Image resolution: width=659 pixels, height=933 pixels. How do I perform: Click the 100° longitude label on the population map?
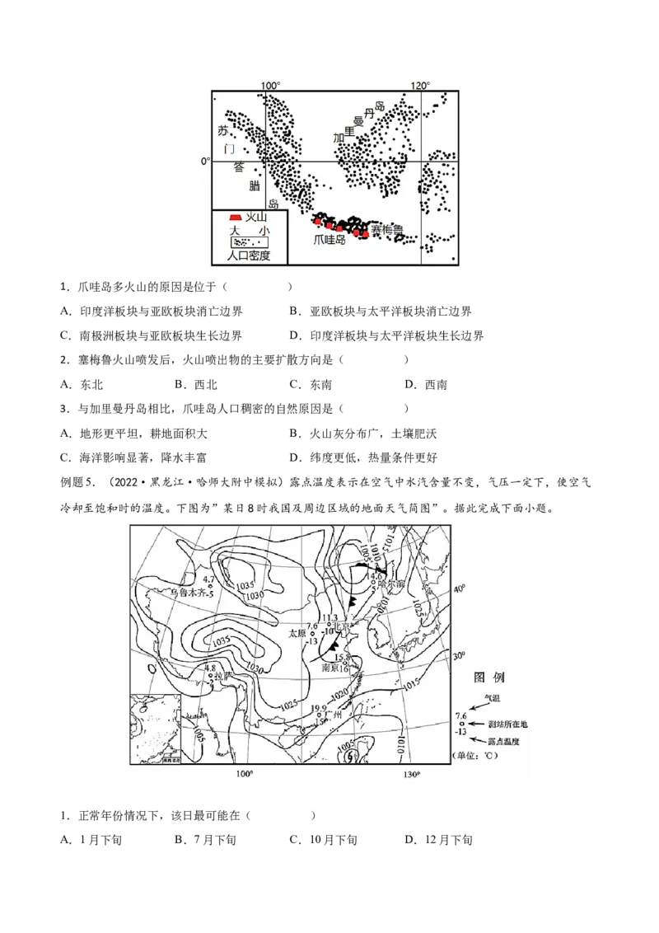(270, 87)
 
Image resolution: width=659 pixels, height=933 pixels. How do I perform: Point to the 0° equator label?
(205, 162)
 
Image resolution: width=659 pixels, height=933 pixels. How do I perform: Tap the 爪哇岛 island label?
(330, 240)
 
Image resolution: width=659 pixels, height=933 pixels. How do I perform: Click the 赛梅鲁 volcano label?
(386, 230)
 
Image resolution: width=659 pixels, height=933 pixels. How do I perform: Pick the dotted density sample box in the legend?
(250, 242)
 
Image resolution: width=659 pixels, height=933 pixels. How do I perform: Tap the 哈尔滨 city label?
(390, 584)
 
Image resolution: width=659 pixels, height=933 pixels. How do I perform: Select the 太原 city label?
(297, 633)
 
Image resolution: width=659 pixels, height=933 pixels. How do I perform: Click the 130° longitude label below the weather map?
(410, 775)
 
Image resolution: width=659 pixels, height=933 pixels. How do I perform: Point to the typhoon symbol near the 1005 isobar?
(350, 753)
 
